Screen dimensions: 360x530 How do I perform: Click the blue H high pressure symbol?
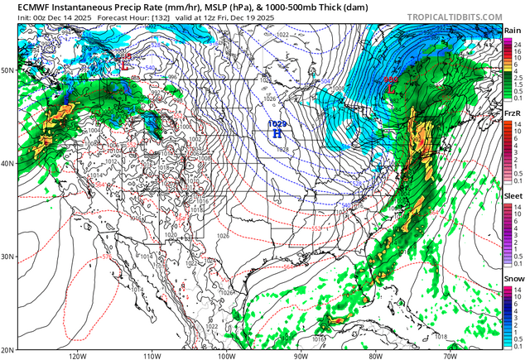[x=278, y=132]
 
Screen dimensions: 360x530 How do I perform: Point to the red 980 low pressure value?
[x=390, y=79]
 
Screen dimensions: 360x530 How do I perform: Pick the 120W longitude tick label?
[x=78, y=356]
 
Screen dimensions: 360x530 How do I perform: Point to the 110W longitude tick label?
[x=152, y=356]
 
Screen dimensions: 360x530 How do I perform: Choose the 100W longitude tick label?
[x=226, y=356]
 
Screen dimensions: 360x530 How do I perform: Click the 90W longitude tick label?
[x=301, y=356]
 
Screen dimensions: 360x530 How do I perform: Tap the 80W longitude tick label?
[x=374, y=356]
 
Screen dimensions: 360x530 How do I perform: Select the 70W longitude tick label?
[x=449, y=356]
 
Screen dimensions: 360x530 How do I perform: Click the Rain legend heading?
[x=513, y=30]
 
